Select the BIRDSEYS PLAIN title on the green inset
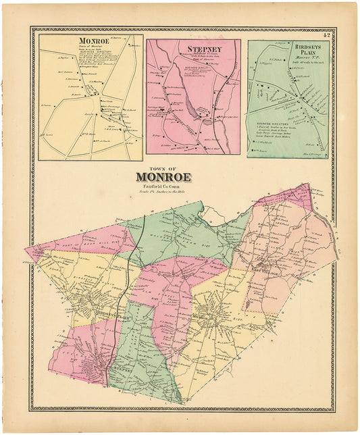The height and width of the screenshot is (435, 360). coord(310,52)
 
